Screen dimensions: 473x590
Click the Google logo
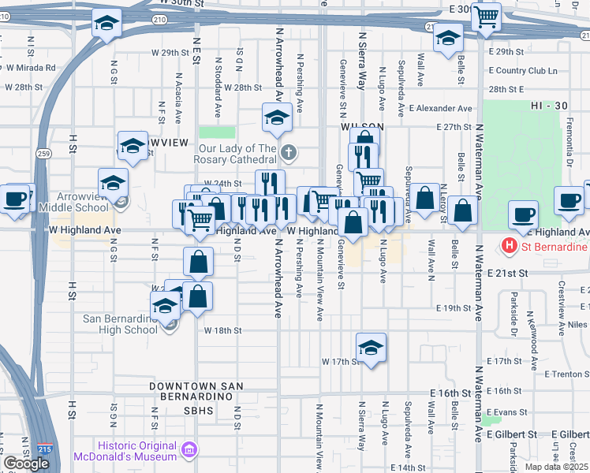26,464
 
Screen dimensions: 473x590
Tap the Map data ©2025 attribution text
556,467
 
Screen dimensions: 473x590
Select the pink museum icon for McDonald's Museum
189,450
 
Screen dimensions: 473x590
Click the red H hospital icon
510,246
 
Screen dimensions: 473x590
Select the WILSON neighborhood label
362,126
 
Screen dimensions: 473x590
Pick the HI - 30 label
551,106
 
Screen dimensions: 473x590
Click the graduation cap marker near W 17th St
371,346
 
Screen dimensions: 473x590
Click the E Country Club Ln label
522,70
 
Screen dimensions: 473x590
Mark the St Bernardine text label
556,246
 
